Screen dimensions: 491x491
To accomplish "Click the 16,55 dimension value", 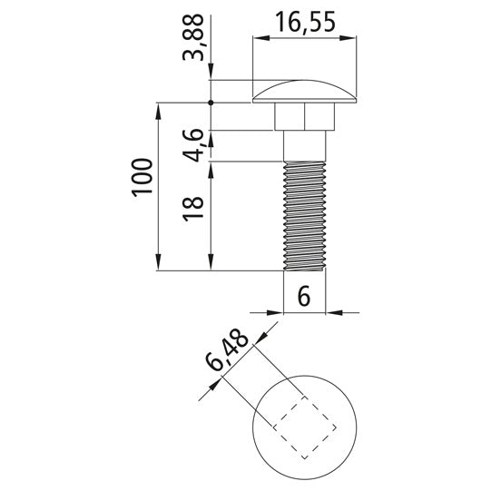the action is tap(305, 22).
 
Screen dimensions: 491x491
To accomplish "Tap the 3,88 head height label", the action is tap(193, 37).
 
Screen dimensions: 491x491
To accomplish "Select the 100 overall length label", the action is tap(142, 178).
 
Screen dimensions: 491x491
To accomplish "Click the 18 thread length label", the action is tap(193, 209).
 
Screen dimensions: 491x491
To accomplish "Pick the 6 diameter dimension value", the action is tap(304, 296).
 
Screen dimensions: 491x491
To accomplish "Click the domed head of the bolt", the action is tap(304, 92).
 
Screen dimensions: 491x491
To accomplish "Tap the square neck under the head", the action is tap(304, 116).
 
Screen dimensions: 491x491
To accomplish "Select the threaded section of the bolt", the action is tap(304, 216).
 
